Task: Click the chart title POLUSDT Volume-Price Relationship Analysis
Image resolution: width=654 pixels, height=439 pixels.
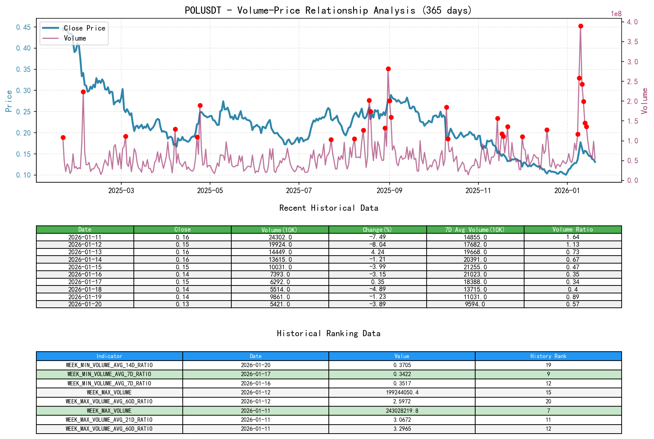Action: [328, 10]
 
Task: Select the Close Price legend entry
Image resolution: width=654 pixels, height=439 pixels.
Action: [84, 28]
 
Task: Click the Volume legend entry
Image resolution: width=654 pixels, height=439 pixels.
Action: [75, 38]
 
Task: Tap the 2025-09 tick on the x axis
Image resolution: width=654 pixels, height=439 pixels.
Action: [389, 191]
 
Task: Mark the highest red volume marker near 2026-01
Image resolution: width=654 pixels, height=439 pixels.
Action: [581, 26]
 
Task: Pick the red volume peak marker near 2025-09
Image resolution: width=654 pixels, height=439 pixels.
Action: [388, 69]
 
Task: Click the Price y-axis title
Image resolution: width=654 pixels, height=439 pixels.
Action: [9, 101]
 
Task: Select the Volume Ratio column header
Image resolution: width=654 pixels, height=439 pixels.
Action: [572, 229]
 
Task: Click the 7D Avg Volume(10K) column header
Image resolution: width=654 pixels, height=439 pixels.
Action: [475, 229]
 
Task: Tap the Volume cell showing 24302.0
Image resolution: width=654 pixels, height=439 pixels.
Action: [280, 237]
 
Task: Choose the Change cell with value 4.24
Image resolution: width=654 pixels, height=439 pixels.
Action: [377, 252]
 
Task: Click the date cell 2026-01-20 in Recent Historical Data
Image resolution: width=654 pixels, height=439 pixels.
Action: [85, 304]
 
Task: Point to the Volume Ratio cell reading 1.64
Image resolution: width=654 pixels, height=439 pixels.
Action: [572, 237]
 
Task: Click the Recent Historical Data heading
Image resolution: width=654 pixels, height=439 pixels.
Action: [328, 208]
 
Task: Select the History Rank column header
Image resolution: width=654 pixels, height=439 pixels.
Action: [548, 356]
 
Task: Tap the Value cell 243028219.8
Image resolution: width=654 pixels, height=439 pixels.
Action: [402, 411]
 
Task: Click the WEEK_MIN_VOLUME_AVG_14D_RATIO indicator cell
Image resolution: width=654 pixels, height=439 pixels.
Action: [109, 365]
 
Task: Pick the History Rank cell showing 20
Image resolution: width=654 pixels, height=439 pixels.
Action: [548, 401]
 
